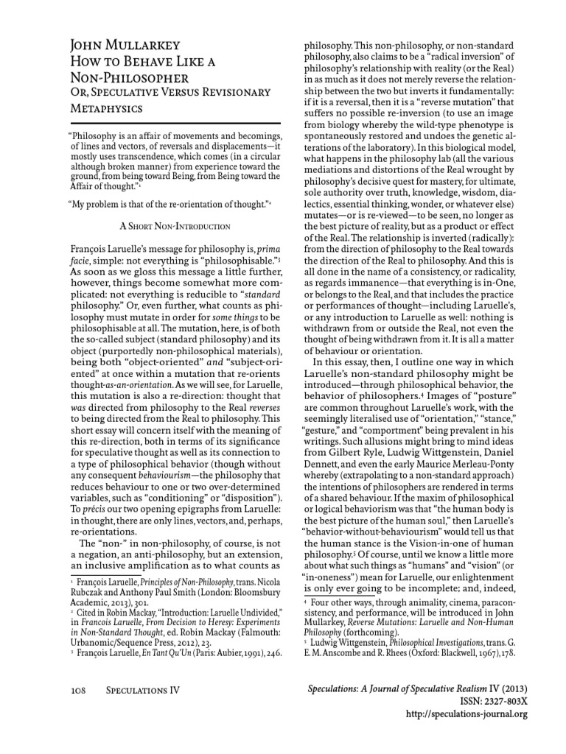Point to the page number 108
click(x=80, y=689)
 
